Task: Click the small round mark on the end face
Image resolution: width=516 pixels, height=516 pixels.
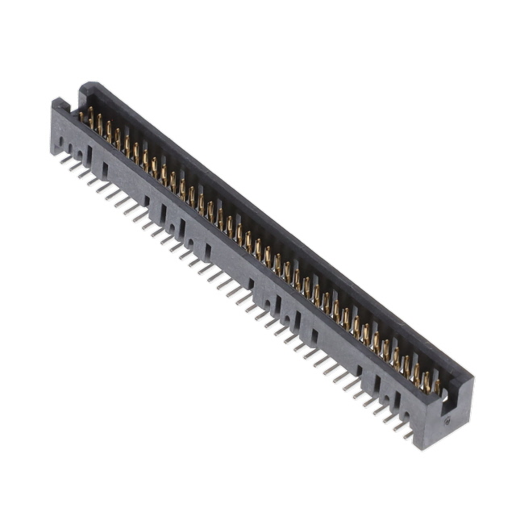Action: click(x=446, y=420)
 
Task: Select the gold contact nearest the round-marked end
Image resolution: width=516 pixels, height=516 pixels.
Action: click(x=436, y=385)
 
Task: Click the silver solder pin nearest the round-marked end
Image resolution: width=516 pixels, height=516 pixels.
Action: click(x=408, y=435)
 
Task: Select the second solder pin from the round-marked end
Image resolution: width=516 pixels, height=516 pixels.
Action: click(x=398, y=427)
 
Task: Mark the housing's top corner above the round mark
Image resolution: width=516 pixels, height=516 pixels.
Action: click(x=471, y=379)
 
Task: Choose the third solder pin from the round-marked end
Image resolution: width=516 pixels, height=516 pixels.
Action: click(x=389, y=419)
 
